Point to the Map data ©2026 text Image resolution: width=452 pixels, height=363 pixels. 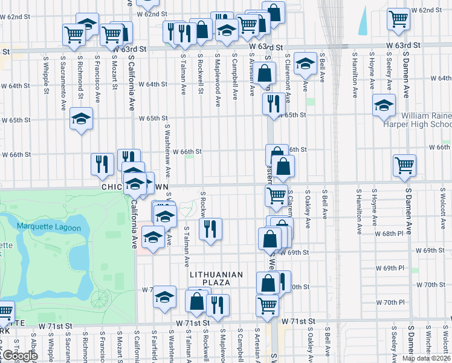tap(426, 358)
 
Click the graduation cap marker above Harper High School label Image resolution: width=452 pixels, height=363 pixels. tap(384, 105)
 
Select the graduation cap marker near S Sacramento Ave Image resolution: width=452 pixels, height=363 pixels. tap(81, 118)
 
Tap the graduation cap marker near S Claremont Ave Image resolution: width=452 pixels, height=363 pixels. tap(306, 64)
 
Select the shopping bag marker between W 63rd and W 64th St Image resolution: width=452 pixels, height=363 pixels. tap(265, 74)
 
